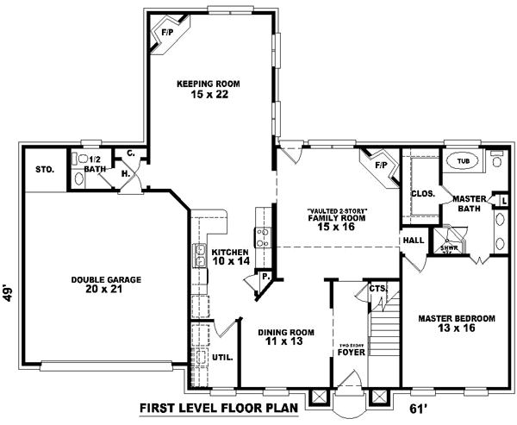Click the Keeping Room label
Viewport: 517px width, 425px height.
[x=208, y=89]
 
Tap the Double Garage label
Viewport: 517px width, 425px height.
[x=107, y=285]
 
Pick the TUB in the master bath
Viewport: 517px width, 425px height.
[x=464, y=161]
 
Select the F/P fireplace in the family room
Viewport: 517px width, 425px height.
[x=379, y=162]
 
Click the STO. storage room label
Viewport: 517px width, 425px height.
[x=46, y=170]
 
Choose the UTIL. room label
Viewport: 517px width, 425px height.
[x=220, y=355]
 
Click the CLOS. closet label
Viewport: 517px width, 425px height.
[x=422, y=194]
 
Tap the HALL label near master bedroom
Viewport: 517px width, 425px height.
[x=414, y=240]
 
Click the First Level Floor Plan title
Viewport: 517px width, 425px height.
[x=219, y=408]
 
